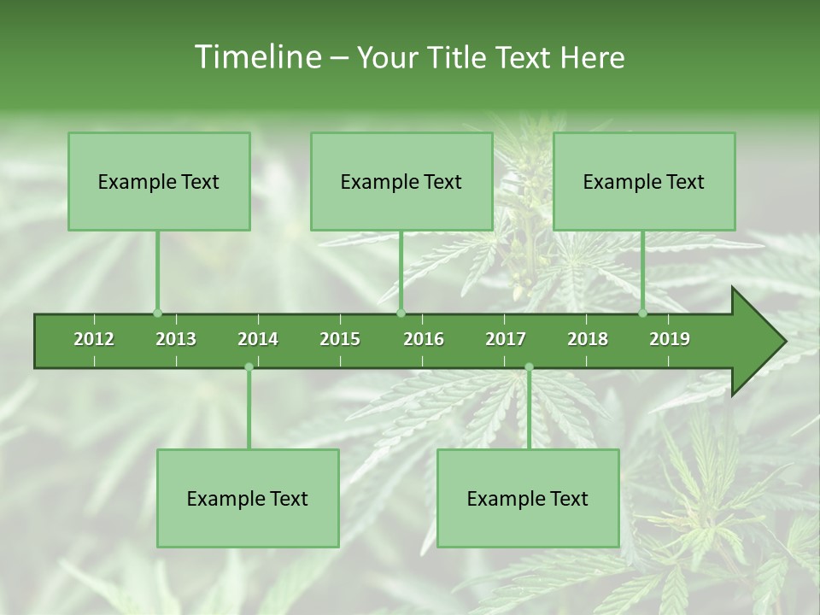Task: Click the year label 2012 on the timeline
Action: coord(94,339)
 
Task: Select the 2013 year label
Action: coord(176,339)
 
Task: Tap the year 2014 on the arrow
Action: coord(258,339)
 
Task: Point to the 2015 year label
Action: coord(340,339)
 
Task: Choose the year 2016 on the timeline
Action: coord(424,339)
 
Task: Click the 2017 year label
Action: coord(506,339)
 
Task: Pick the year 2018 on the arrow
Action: coord(588,339)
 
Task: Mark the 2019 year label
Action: coord(670,339)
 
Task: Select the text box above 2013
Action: coord(159,181)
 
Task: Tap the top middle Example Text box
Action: coord(401,181)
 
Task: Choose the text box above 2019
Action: coord(644,181)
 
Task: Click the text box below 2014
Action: coord(248,498)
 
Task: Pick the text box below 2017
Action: coord(528,498)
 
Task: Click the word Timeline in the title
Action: coord(256,57)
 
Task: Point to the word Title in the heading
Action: coord(461,57)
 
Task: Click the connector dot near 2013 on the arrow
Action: coord(157,313)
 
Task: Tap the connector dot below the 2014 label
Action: coord(249,367)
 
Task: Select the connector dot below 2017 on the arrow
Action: coord(529,367)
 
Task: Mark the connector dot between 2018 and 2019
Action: coord(643,313)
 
